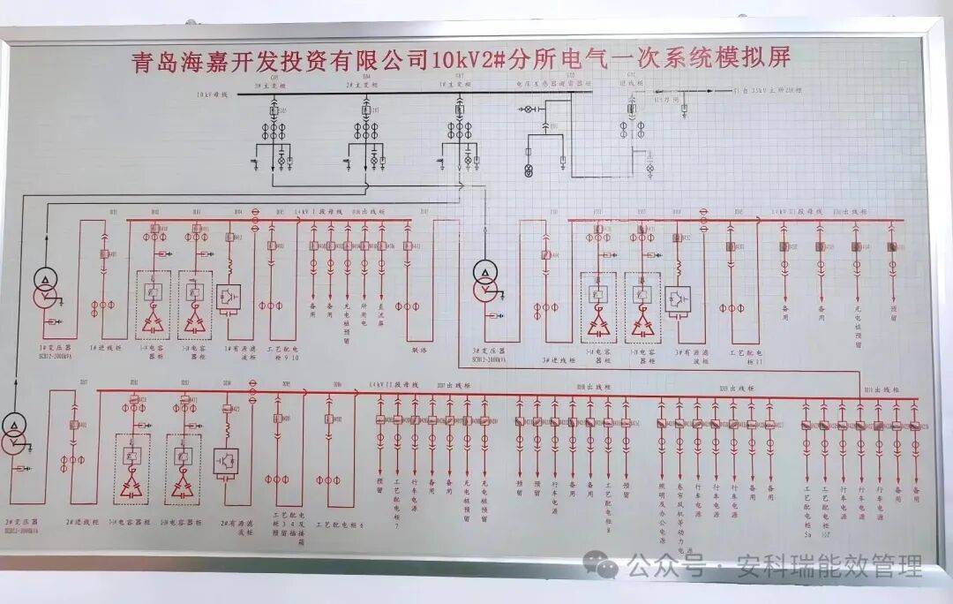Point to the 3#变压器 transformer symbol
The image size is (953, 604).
484,280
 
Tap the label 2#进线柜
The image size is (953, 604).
79,522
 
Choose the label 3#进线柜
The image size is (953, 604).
558,360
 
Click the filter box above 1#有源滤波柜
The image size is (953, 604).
229,297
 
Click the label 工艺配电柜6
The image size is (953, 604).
338,524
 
